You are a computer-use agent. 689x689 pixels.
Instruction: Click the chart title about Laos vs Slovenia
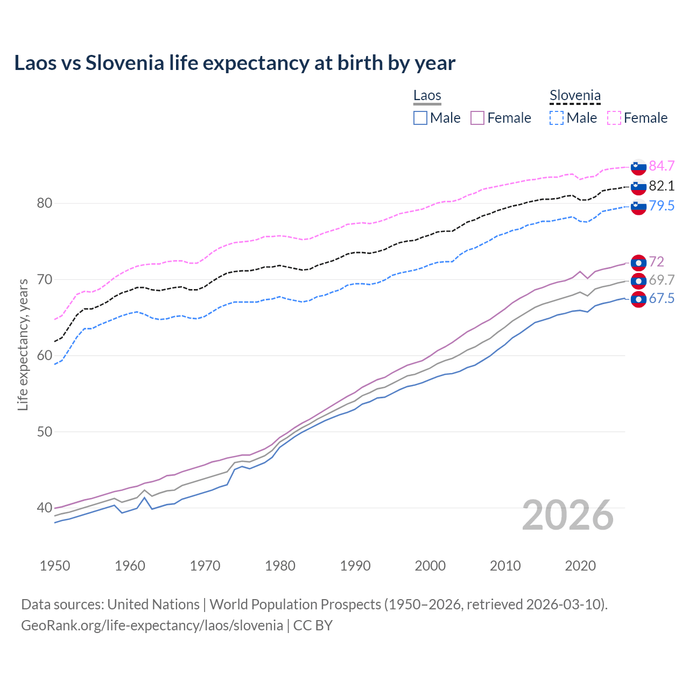pos(235,63)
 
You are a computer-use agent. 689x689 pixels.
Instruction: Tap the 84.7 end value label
pos(662,166)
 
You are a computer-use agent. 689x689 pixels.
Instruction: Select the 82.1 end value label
pos(662,186)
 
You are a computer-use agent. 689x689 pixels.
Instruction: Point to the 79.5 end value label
pos(662,206)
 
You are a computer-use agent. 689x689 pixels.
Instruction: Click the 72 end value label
pos(657,262)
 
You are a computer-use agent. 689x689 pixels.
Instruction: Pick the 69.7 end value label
pos(662,280)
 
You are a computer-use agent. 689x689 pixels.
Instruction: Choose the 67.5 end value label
pos(662,299)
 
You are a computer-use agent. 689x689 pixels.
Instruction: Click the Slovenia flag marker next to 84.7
pos(638,167)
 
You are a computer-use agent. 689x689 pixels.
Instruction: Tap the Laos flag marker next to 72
pos(638,263)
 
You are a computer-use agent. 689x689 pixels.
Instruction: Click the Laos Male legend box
pos(420,118)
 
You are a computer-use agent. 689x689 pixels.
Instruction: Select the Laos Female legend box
pos(477,118)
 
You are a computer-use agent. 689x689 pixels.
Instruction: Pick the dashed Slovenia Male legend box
pos(557,118)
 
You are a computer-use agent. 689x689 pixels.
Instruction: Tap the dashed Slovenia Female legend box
pos(614,118)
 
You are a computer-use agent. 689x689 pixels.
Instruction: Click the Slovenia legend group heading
pos(575,96)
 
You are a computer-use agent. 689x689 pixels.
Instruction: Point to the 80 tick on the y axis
pos(44,203)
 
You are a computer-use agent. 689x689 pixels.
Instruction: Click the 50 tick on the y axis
pos(44,432)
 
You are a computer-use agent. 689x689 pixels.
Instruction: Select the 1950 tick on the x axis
pos(55,566)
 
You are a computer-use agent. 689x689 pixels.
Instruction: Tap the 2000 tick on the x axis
pos(430,566)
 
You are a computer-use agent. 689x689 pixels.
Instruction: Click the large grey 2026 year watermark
pos(568,515)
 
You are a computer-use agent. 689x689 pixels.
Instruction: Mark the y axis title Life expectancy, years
pos(23,344)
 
